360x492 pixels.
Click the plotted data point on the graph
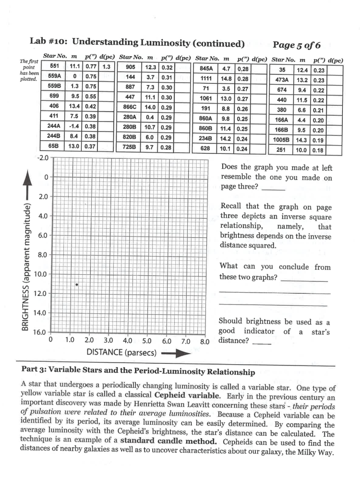(x=76, y=284)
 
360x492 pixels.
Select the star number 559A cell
(x=54, y=75)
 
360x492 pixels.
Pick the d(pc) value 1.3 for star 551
(x=107, y=67)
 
